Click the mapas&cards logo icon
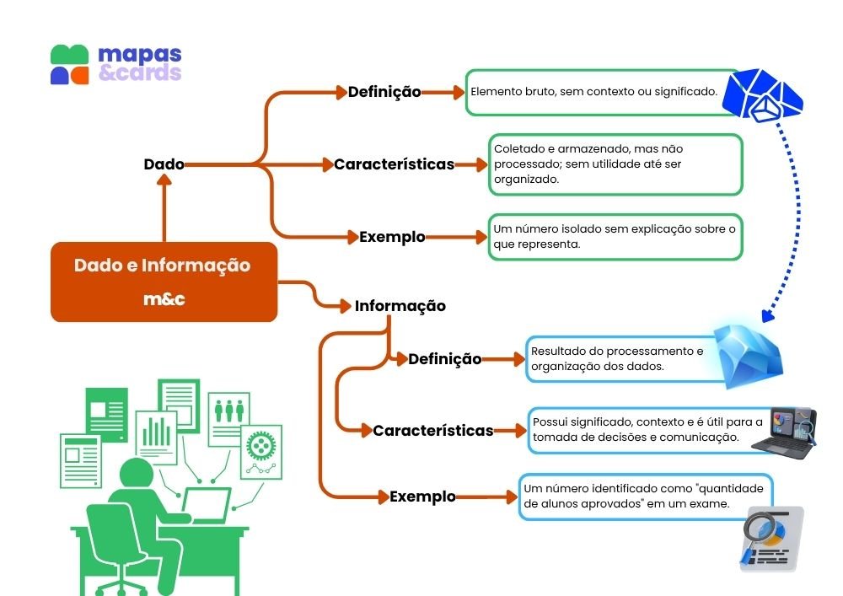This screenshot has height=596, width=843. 69,65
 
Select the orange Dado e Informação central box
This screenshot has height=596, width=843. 164,282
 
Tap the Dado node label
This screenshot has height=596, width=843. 164,164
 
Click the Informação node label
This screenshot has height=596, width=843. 400,306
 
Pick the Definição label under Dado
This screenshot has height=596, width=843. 384,92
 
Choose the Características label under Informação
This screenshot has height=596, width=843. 433,431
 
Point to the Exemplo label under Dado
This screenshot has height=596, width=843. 392,237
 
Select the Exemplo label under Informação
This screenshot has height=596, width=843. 422,497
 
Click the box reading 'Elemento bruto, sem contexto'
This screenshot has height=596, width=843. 593,92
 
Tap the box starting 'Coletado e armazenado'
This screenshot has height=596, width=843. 615,164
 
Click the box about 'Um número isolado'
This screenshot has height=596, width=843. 615,237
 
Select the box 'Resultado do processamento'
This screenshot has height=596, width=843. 620,359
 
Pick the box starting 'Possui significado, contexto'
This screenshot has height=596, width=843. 647,430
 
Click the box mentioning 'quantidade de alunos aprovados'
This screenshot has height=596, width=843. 645,497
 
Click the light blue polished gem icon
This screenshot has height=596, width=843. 749,352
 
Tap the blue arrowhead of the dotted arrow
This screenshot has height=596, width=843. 767,317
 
